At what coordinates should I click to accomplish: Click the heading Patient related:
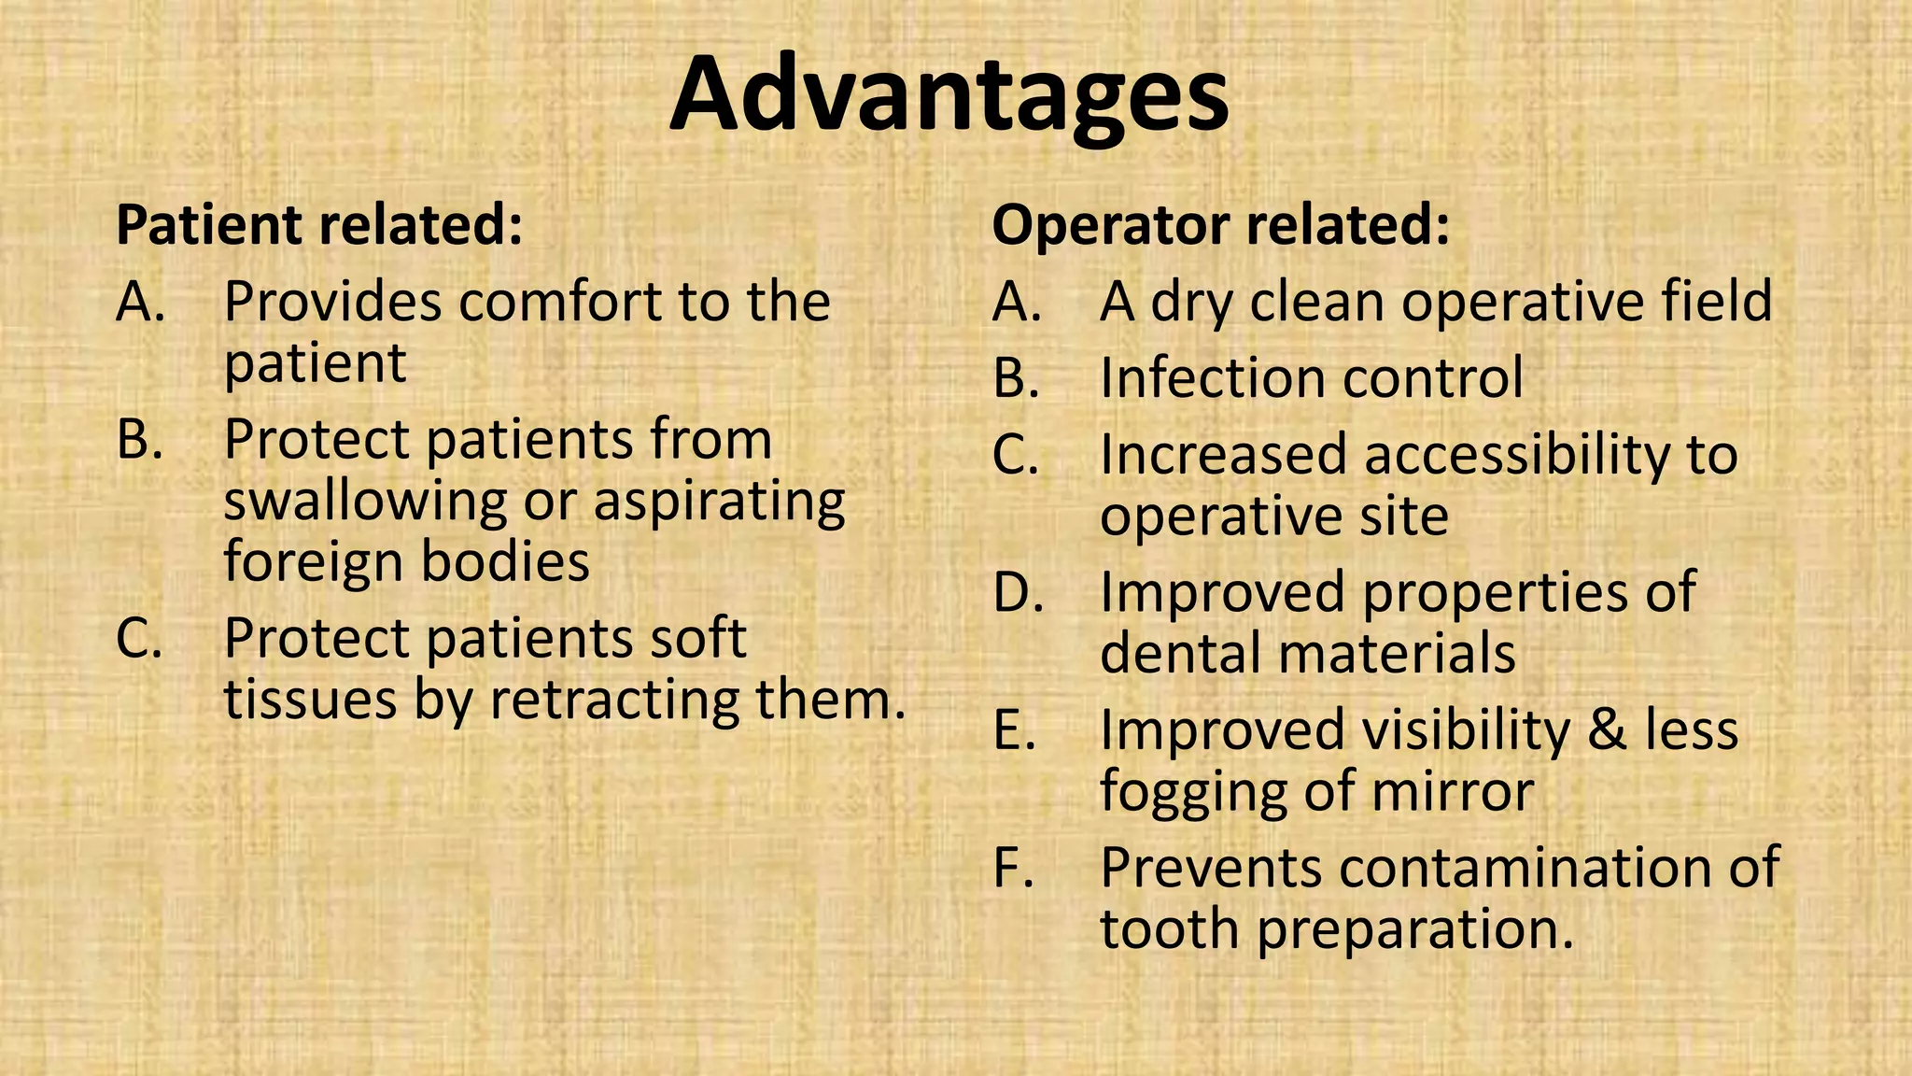[318, 225]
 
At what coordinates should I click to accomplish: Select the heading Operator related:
[1220, 225]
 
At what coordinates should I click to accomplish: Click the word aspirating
[719, 502]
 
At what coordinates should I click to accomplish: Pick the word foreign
[314, 562]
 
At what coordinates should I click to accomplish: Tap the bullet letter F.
[1014, 867]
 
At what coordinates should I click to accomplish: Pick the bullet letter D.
[1018, 592]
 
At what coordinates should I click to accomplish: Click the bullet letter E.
[1015, 729]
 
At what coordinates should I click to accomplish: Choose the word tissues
[310, 699]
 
